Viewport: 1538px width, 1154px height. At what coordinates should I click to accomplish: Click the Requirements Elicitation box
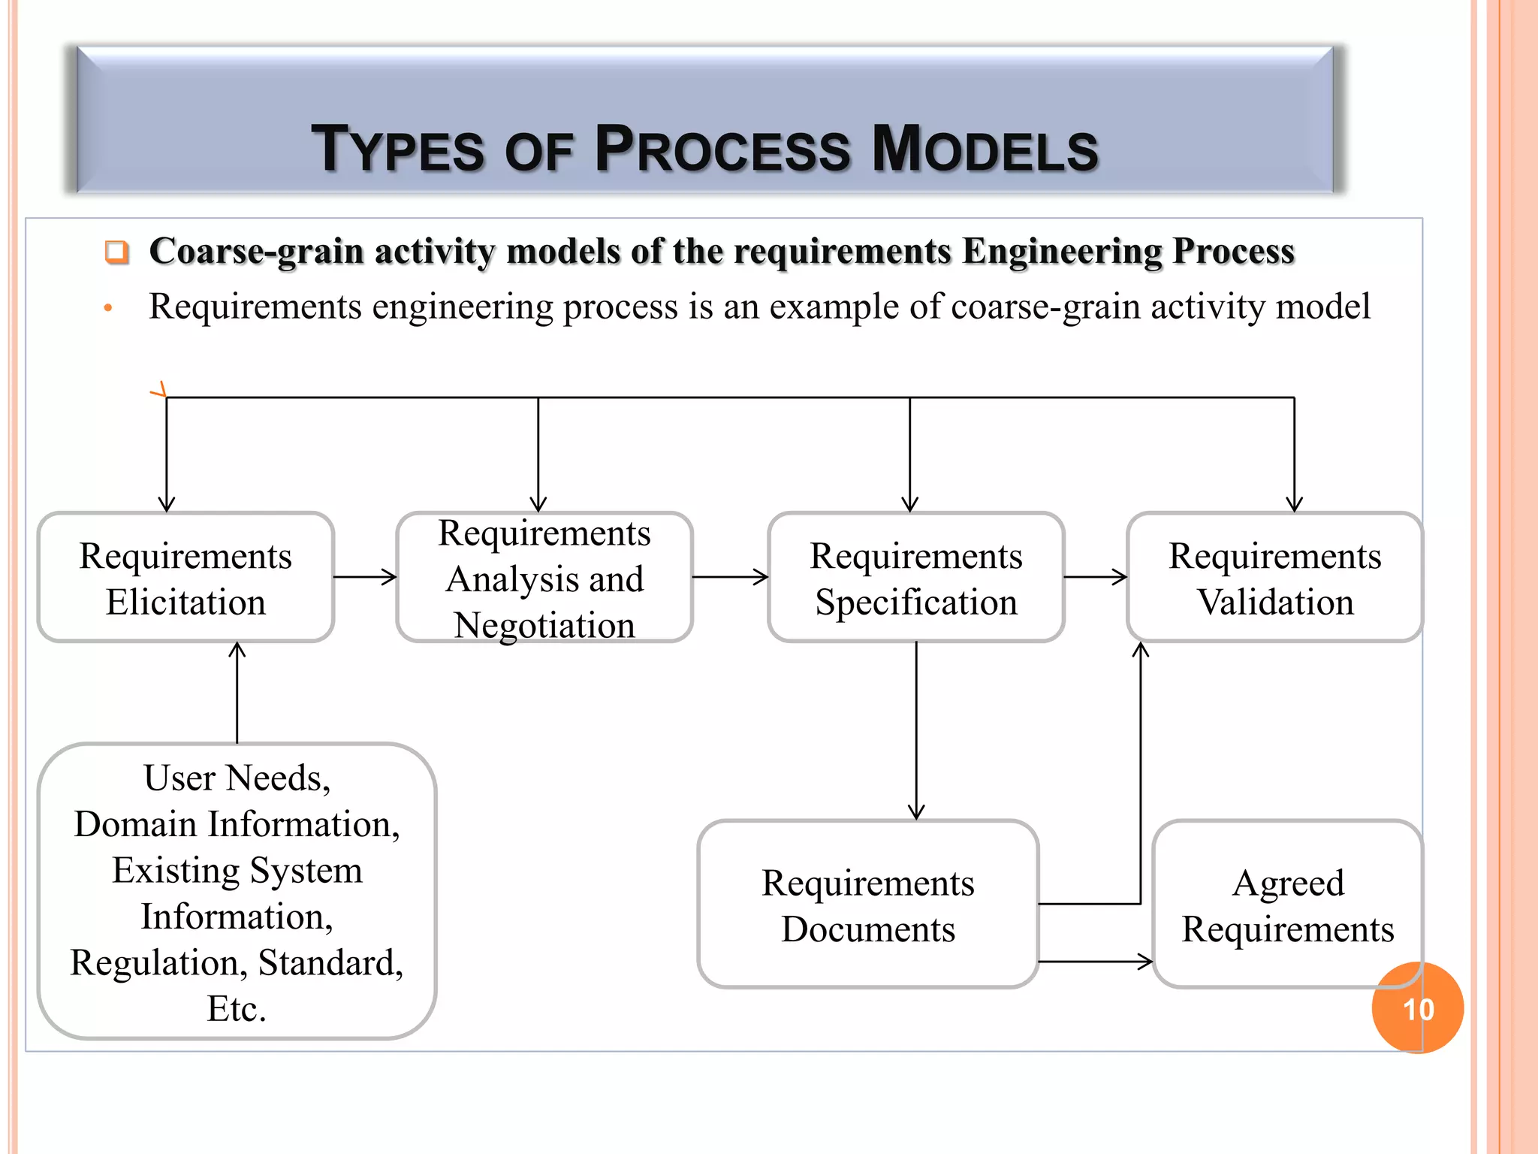(x=185, y=578)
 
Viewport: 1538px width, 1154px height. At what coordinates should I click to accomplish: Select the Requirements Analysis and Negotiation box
(x=544, y=578)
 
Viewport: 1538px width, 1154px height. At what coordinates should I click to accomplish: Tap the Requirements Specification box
(x=915, y=578)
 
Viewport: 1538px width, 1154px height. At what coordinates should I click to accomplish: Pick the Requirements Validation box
(x=1274, y=578)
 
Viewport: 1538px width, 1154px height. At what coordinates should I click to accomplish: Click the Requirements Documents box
(x=867, y=905)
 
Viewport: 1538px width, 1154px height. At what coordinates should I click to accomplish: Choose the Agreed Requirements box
(x=1287, y=905)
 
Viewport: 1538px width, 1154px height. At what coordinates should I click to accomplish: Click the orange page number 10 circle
(x=1418, y=1008)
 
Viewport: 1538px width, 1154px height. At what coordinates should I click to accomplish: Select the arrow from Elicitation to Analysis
(x=365, y=577)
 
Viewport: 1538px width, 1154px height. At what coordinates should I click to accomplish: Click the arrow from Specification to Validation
(x=1096, y=577)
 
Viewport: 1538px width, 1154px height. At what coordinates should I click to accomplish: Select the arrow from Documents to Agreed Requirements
(x=1096, y=961)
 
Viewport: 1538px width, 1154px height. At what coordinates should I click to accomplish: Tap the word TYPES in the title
(x=399, y=149)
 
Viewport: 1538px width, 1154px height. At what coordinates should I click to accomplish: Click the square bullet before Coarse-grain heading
(x=116, y=252)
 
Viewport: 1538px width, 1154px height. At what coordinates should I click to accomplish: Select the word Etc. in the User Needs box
(x=237, y=1009)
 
